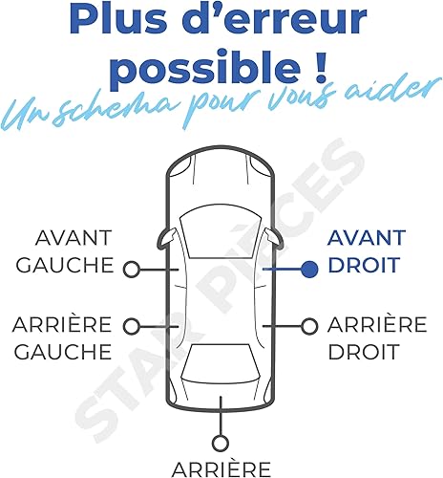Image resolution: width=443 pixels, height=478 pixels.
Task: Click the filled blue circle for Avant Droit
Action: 309,270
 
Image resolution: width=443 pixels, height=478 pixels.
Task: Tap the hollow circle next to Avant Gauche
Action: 132,270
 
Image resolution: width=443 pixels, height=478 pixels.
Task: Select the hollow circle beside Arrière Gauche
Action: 132,327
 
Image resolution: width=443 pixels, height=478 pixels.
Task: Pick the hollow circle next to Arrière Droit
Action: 309,327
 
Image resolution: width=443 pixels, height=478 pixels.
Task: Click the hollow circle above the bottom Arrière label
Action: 221,444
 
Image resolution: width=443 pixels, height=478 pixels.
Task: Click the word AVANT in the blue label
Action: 367,238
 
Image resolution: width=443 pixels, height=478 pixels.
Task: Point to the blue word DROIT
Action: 364,265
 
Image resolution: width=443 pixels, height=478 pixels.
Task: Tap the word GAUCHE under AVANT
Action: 65,265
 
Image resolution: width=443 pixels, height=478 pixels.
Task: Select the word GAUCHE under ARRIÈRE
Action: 63,352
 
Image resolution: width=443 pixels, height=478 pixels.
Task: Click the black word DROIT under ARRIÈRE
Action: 364,352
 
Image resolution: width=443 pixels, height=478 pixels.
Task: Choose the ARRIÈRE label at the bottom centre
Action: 221,469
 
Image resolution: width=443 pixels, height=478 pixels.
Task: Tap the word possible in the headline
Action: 204,67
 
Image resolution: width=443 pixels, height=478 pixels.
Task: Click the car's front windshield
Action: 221,234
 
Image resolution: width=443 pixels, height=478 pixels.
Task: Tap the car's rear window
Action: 221,363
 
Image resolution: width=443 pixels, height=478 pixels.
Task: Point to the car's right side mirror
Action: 274,239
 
